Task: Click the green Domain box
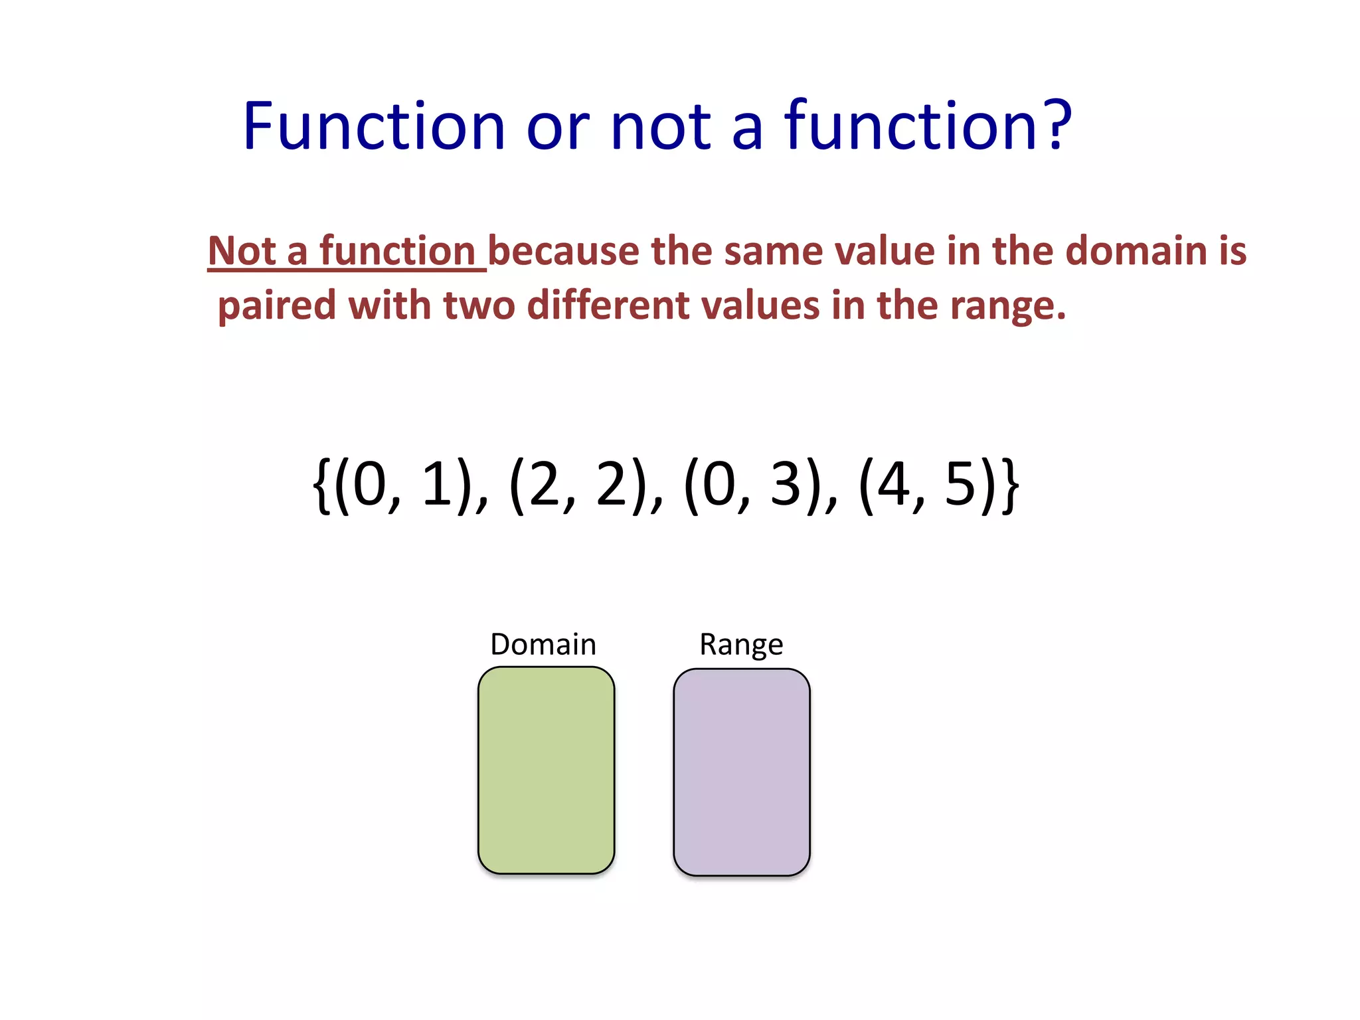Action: click(x=546, y=770)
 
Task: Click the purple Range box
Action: click(x=742, y=772)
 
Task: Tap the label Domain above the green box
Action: click(x=543, y=644)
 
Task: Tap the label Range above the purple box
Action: click(x=741, y=644)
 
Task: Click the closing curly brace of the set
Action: click(x=1009, y=485)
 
